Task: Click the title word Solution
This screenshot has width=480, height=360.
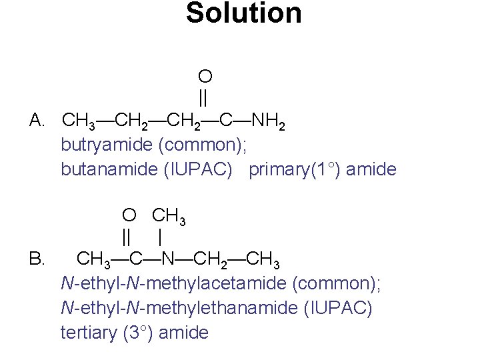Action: click(x=243, y=13)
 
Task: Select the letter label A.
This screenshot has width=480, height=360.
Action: click(x=37, y=121)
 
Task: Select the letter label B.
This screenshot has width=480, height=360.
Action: click(x=37, y=258)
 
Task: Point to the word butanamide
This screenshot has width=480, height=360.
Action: click(x=109, y=169)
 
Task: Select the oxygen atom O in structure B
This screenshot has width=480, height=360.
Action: click(x=129, y=215)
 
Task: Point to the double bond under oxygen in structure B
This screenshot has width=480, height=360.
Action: click(x=127, y=237)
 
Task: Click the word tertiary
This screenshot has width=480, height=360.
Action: click(x=89, y=332)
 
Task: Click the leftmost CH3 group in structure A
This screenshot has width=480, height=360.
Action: click(x=78, y=121)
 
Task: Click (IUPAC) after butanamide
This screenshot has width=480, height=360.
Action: click(x=198, y=169)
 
